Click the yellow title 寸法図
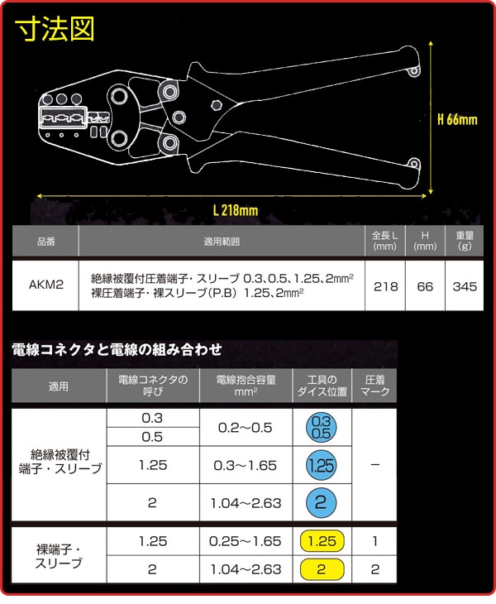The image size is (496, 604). [55, 29]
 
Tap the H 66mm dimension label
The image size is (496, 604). [457, 119]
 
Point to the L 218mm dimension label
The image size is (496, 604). [236, 210]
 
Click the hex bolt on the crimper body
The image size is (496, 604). [217, 104]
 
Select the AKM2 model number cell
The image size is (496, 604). [45, 285]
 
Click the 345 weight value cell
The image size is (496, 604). [465, 285]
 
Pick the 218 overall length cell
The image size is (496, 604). [385, 285]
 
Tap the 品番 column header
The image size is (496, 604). [45, 241]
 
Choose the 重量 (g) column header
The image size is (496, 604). [465, 241]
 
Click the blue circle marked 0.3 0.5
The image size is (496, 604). [322, 427]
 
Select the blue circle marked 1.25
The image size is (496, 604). [322, 465]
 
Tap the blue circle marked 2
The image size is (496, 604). [322, 503]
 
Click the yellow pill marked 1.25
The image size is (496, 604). [322, 541]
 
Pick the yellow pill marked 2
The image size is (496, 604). [322, 569]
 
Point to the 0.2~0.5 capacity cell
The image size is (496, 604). [246, 428]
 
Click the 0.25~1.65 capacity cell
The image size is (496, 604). [246, 541]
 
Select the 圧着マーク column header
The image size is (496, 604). [374, 386]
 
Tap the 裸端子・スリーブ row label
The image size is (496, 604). [59, 556]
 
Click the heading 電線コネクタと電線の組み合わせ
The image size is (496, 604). [117, 350]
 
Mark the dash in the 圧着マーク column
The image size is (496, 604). [374, 465]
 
